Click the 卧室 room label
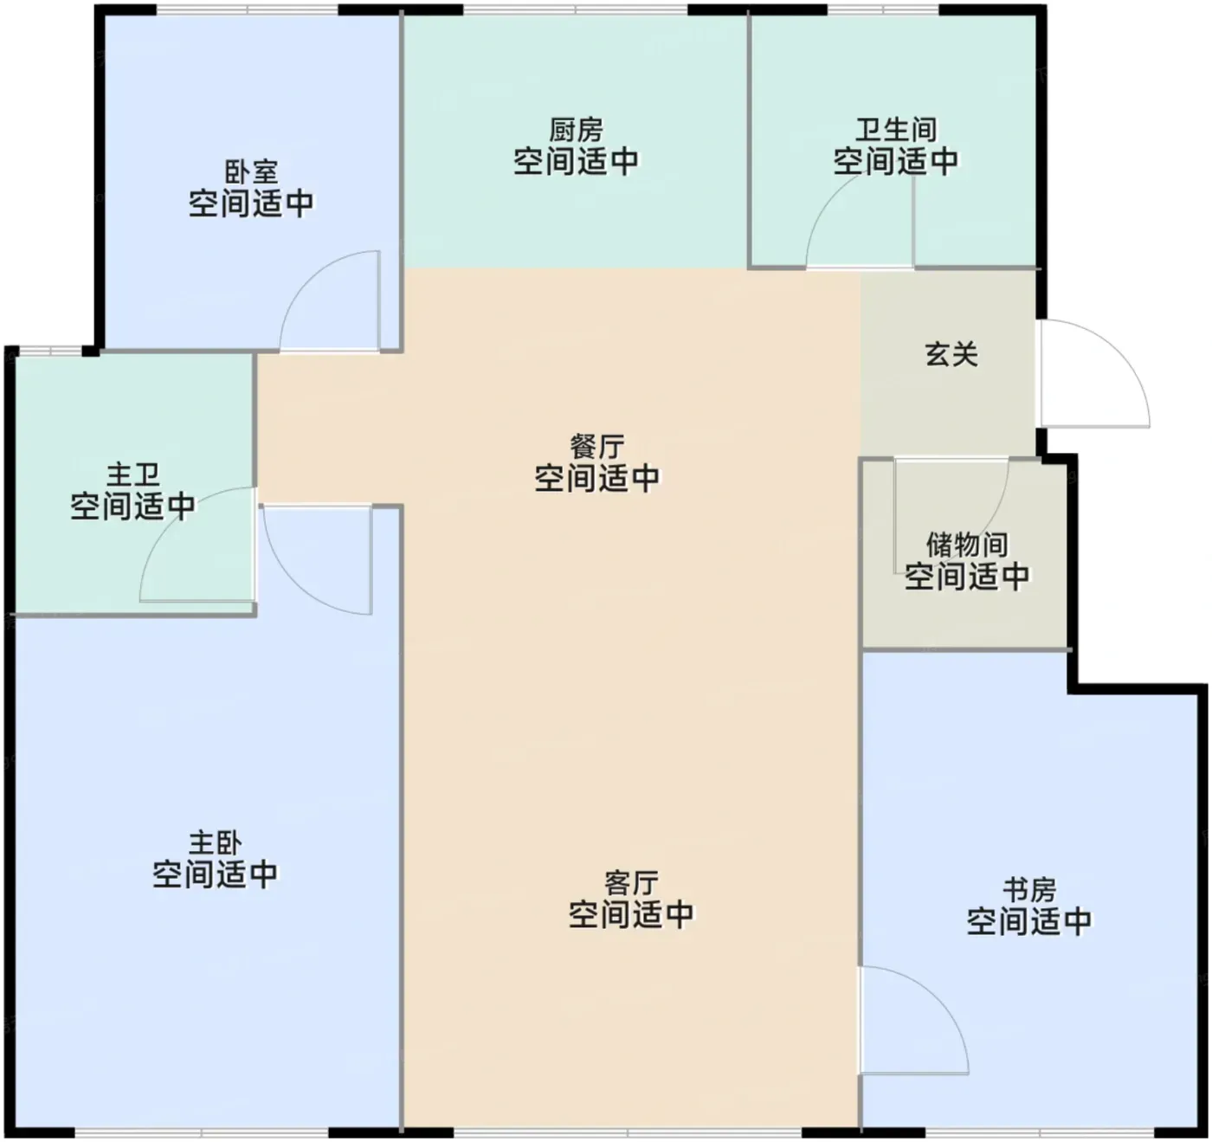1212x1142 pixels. coord(251,173)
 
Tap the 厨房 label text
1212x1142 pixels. coord(576,131)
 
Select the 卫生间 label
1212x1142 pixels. coord(895,131)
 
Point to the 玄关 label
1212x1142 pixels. coord(951,355)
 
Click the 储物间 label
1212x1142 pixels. coord(967,545)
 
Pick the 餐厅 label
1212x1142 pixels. coord(597,447)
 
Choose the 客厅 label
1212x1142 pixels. coord(632,883)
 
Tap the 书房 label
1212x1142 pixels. coord(1029,890)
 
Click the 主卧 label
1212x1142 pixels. coord(215,843)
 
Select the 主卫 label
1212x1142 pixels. coord(133,474)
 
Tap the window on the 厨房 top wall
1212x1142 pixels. coord(576,10)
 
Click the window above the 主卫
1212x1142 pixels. coord(50,351)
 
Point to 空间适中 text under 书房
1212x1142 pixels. coord(1029,920)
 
